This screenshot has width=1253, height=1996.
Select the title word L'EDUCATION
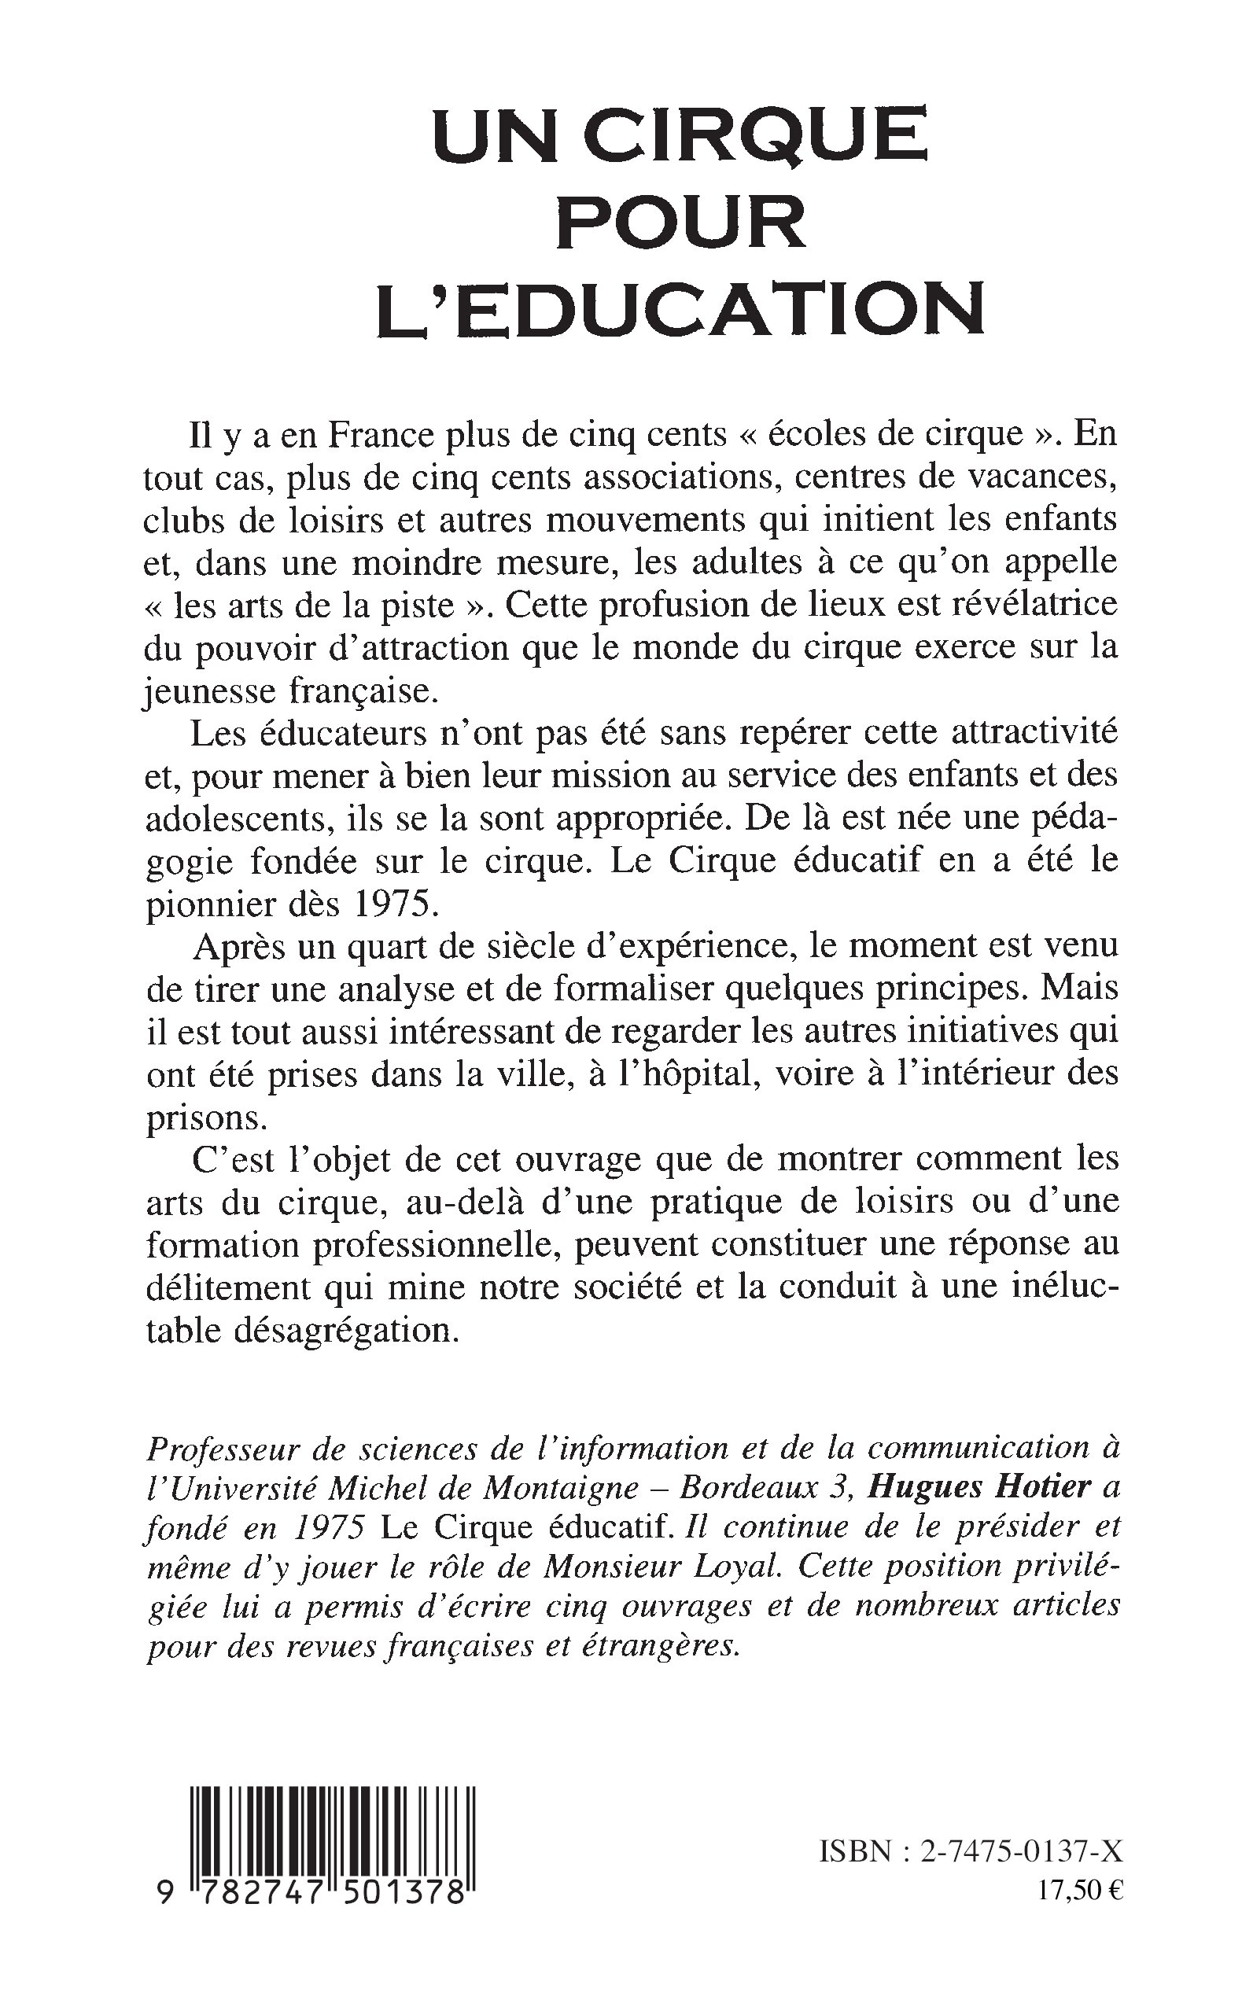(680, 310)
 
